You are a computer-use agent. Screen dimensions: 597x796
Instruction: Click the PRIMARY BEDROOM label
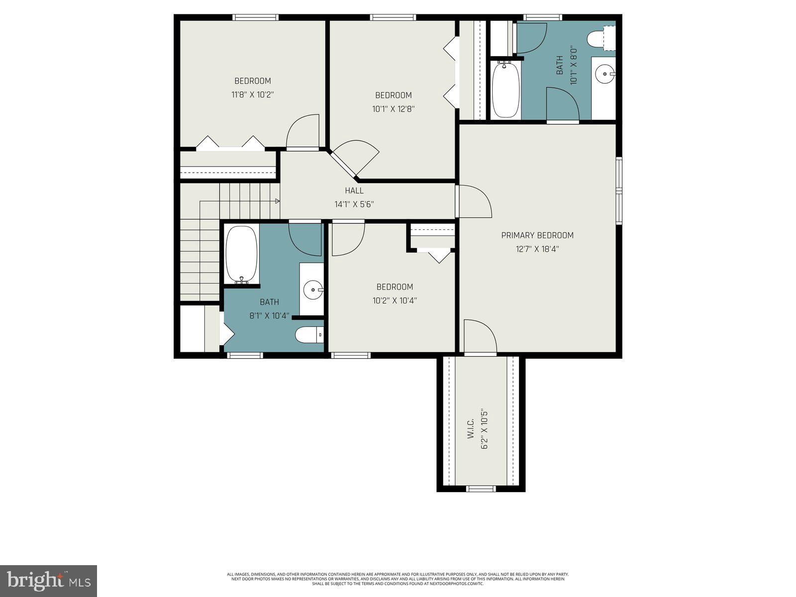[x=537, y=235]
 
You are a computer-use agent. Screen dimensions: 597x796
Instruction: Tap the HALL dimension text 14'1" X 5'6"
[x=354, y=204]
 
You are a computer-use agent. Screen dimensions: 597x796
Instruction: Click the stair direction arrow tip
[x=277, y=201]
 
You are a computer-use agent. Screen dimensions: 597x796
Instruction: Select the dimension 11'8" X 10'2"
[x=253, y=94]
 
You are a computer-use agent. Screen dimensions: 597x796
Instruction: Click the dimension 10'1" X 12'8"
[x=393, y=108]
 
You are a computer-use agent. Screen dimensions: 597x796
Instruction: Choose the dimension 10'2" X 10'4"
[x=395, y=300]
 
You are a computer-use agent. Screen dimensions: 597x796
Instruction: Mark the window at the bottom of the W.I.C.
[x=481, y=489]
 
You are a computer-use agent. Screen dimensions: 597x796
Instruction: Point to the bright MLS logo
[x=48, y=581]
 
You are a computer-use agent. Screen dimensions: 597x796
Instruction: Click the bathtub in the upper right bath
[x=506, y=90]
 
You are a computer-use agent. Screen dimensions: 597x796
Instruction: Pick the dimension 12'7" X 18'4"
[x=537, y=249]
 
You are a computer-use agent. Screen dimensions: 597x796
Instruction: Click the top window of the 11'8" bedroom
[x=256, y=17]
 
